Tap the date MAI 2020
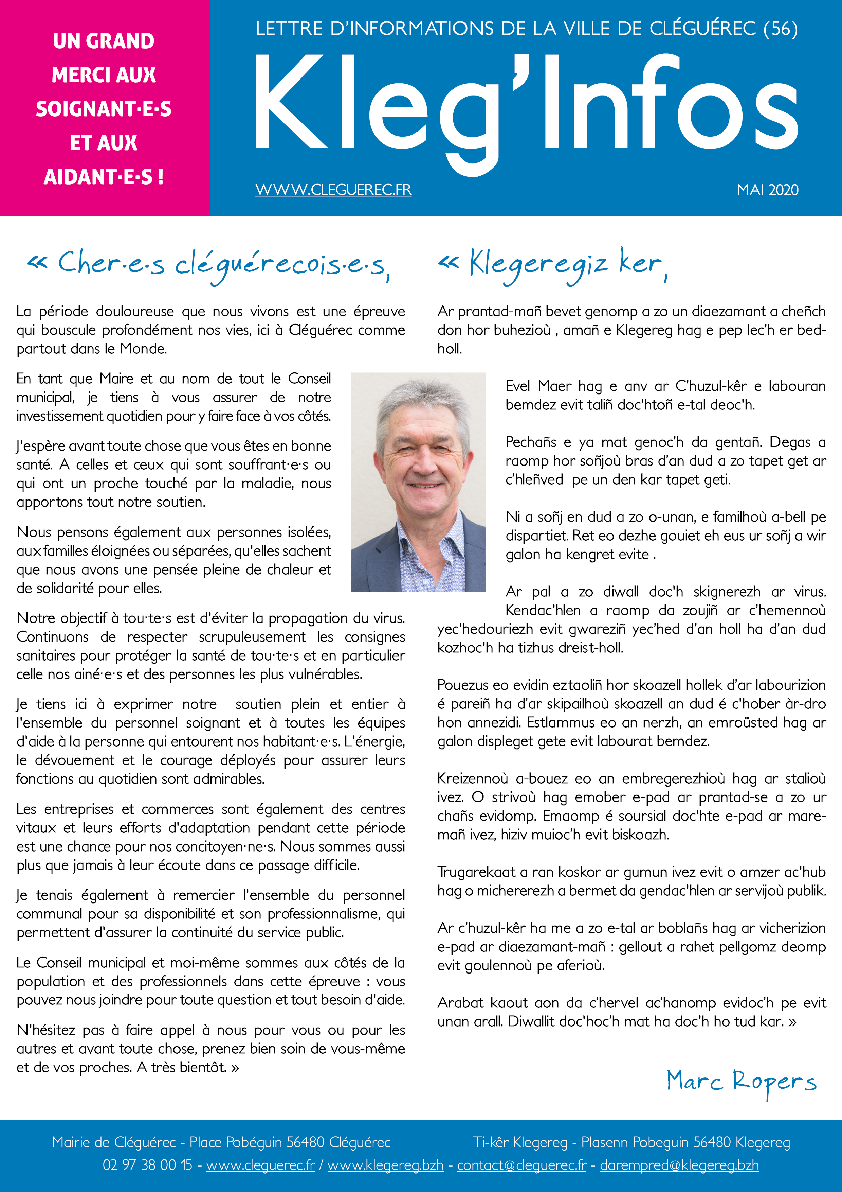click(x=767, y=190)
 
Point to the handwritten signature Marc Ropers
click(x=741, y=1082)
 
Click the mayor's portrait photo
click(x=418, y=482)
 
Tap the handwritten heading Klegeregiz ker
click(x=552, y=264)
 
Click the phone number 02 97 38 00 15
click(x=147, y=1165)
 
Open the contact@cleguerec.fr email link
click(x=521, y=1165)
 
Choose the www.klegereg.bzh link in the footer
click(x=385, y=1165)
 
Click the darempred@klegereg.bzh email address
click(x=679, y=1165)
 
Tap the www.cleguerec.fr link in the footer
click(x=260, y=1165)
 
